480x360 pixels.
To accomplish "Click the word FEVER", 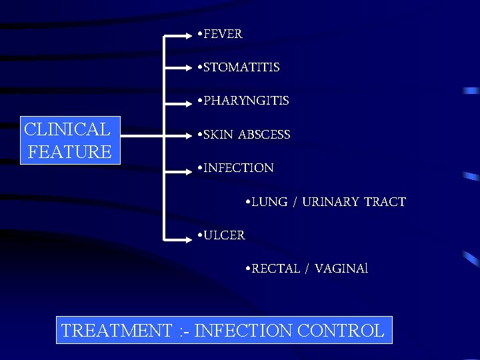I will tap(223, 33).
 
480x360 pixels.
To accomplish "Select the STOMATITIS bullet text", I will tap(241, 67).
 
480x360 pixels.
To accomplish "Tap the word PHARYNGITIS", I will tap(246, 101).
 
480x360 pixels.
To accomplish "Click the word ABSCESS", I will tap(265, 135).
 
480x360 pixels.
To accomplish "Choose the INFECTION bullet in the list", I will tap(238, 168).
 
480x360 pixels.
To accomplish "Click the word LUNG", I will tap(270, 202).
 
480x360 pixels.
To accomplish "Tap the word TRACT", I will tap(385, 202).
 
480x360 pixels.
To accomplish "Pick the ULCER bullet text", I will tap(224, 235).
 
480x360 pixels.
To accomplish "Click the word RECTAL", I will tap(275, 269).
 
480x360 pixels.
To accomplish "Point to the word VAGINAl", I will tap(341, 269).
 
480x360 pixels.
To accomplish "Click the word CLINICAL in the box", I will tap(67, 129).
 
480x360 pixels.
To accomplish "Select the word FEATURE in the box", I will tap(70, 151).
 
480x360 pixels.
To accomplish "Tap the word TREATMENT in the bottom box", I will tap(116, 331).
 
